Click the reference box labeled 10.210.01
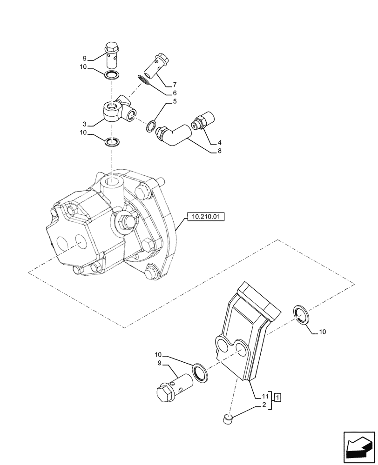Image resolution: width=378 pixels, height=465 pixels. [x=205, y=216]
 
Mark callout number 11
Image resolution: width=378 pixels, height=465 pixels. [x=264, y=396]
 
